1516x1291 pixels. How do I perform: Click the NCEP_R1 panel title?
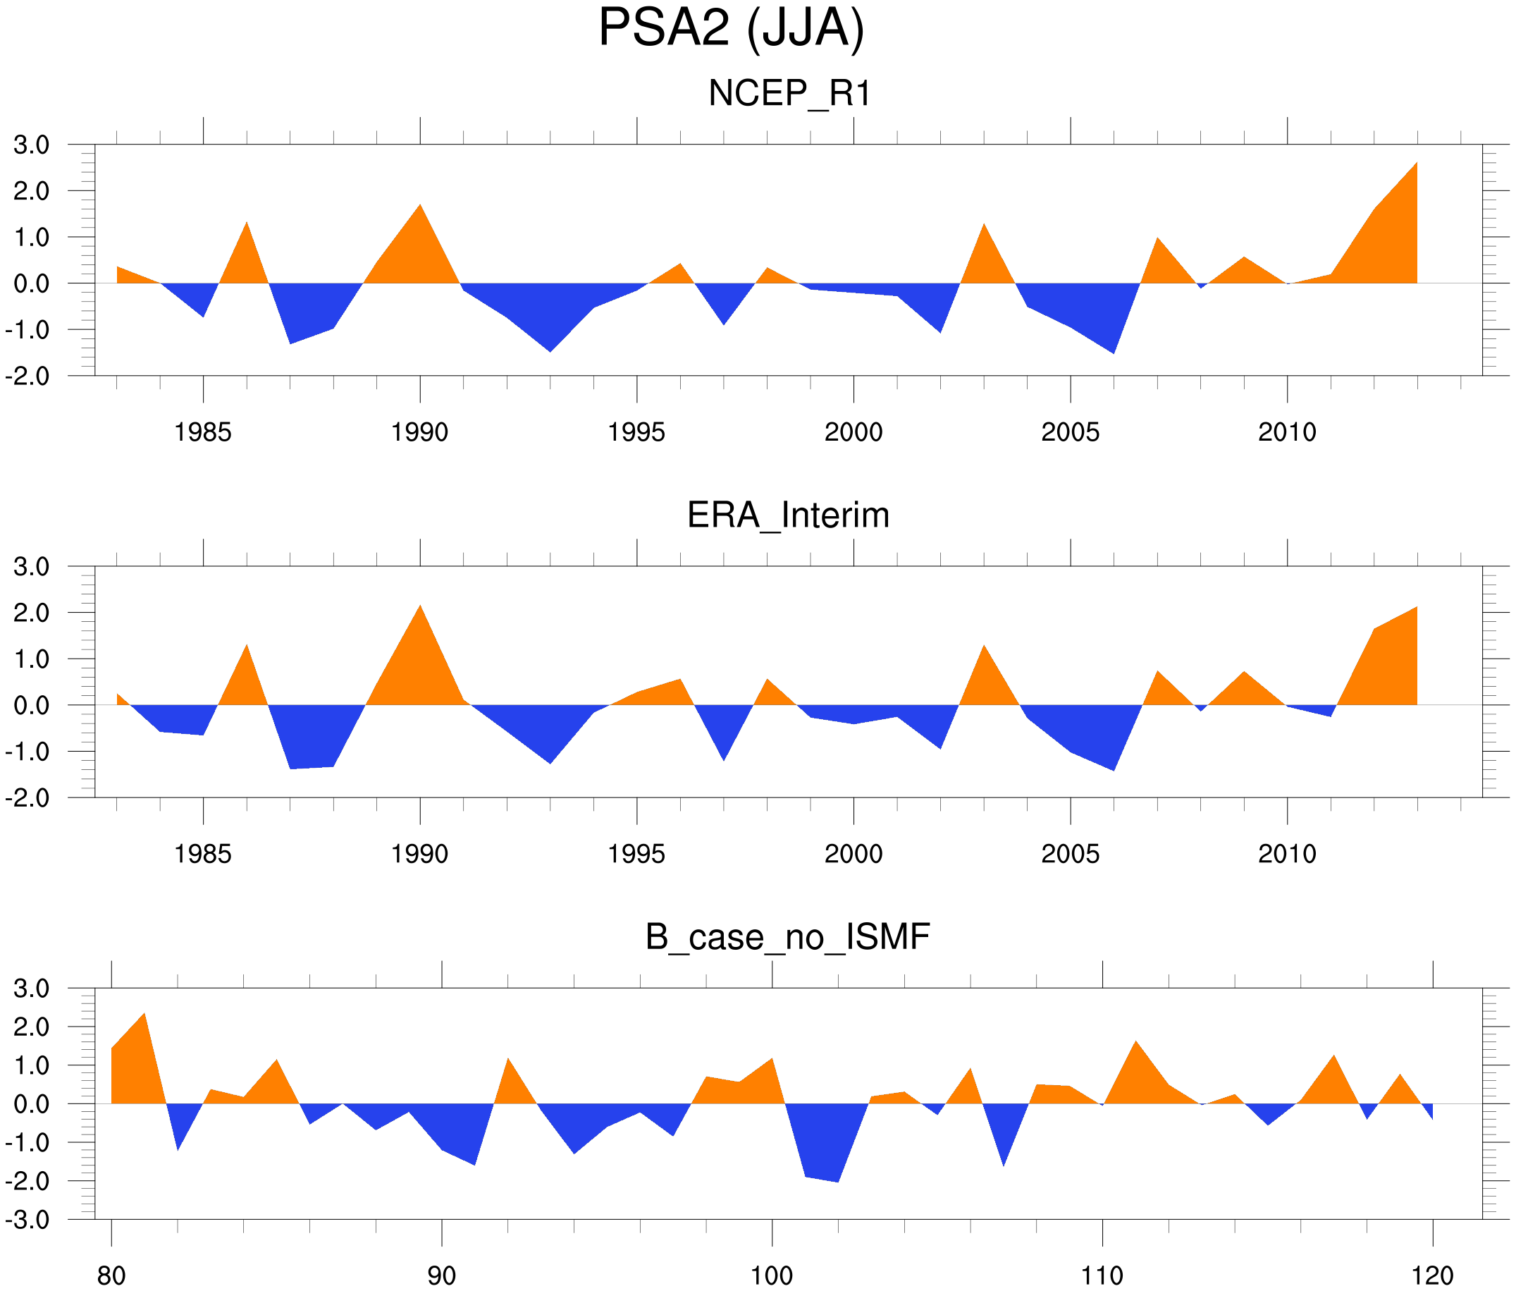tap(789, 94)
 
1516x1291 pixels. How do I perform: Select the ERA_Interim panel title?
tap(788, 515)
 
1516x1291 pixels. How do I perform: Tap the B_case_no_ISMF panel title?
tap(787, 937)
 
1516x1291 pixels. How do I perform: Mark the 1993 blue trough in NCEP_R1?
tap(550, 348)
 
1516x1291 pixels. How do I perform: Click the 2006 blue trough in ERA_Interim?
tap(1113, 766)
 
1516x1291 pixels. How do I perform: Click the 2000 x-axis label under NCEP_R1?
tap(853, 432)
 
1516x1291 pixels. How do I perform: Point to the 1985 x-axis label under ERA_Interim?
tap(203, 854)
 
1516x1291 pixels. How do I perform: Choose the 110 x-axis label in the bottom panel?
tap(1102, 1275)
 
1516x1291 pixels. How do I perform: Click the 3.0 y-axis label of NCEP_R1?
tap(32, 145)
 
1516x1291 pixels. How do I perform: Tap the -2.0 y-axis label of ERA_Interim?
tap(27, 797)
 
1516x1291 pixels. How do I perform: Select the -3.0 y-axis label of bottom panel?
tap(27, 1220)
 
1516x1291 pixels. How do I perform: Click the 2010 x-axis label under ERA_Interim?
tap(1287, 854)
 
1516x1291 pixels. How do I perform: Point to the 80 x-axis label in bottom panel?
tap(111, 1275)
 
